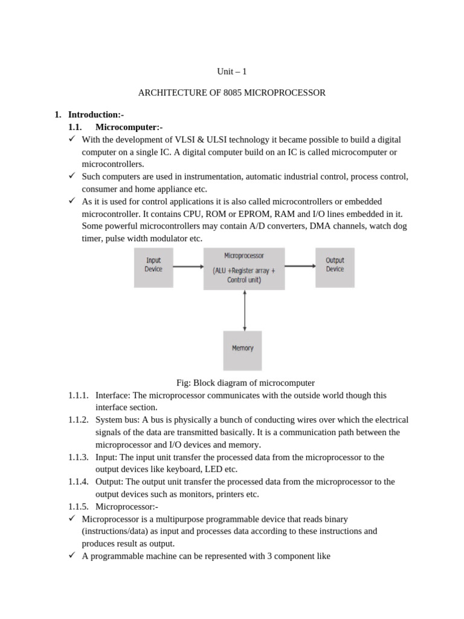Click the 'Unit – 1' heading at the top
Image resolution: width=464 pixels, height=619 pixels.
tap(232, 72)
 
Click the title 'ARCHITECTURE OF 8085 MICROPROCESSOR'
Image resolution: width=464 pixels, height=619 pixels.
tap(232, 93)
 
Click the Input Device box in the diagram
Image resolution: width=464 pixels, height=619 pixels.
tap(153, 265)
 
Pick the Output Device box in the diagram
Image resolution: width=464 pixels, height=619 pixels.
tap(335, 265)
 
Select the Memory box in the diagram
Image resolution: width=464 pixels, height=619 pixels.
tap(242, 349)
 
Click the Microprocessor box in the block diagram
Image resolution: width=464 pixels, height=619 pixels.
tap(244, 268)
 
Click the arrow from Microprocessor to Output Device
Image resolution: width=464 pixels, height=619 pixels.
tap(300, 265)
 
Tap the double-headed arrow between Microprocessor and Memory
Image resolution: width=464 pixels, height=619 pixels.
tap(244, 309)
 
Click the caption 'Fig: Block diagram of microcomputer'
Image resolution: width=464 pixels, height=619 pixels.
tap(245, 383)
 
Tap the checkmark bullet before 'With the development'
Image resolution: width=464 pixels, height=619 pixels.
tap(71, 139)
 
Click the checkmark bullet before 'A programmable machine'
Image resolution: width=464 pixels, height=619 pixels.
tap(71, 556)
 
